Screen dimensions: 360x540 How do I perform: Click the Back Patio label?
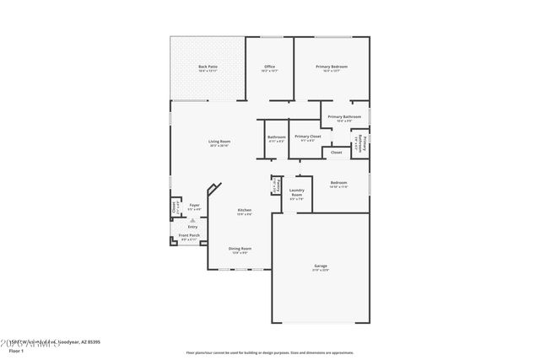coord(208,67)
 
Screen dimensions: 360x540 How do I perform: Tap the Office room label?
coord(269,67)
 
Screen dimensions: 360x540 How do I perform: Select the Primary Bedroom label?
coord(332,67)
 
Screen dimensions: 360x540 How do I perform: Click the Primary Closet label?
coord(307,136)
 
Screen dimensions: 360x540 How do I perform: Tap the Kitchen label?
coord(244,210)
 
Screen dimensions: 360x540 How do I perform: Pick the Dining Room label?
coord(240,248)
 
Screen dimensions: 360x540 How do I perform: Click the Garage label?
coord(321,266)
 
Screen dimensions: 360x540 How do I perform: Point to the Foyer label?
coord(194,205)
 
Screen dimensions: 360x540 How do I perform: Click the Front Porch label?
coord(189,237)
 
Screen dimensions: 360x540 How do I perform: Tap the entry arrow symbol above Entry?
coord(192,218)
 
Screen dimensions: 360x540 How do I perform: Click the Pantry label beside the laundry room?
coord(275,185)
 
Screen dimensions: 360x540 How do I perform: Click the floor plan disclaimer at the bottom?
coord(269,352)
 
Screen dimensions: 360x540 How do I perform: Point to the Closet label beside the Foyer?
coord(175,205)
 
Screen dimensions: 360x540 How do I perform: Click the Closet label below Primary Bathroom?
coord(336,153)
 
